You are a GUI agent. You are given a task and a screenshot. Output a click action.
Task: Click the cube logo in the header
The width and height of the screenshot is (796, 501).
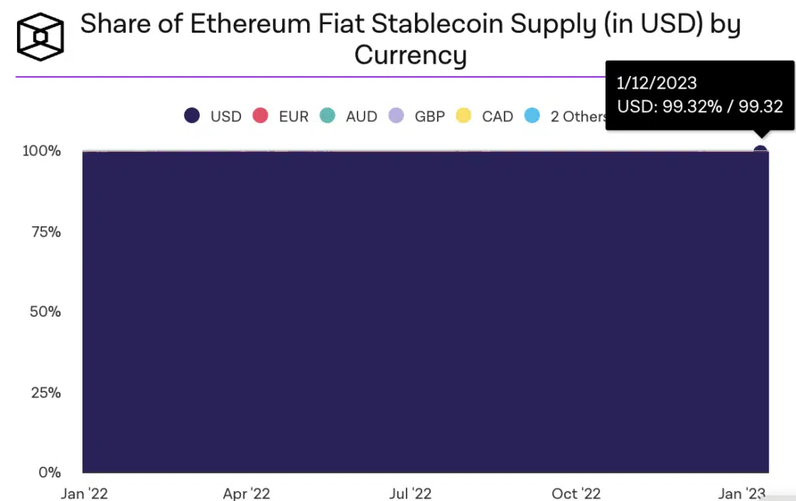[x=40, y=37]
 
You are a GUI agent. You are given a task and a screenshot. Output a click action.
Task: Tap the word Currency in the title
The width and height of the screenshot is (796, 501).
[x=410, y=55]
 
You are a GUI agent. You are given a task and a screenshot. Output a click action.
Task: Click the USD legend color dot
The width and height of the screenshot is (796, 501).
[x=192, y=116]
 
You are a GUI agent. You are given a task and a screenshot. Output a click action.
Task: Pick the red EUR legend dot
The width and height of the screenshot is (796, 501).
[x=260, y=116]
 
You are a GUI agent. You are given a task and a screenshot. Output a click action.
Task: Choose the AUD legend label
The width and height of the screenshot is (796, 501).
[x=361, y=117]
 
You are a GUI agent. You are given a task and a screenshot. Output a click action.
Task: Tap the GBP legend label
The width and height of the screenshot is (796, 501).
[x=430, y=117]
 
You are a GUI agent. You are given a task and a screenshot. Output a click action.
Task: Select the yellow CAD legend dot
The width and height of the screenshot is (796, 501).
[x=463, y=116]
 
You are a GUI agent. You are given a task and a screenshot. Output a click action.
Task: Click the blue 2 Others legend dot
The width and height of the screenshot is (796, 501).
[x=532, y=116]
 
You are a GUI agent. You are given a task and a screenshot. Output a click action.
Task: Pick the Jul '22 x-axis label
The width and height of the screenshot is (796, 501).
[x=410, y=493]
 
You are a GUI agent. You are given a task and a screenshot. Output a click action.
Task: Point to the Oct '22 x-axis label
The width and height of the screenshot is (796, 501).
[x=575, y=493]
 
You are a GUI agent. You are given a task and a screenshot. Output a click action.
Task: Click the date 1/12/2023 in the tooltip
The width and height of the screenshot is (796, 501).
[x=657, y=83]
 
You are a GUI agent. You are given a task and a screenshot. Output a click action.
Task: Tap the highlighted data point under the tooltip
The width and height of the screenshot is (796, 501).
[x=760, y=150]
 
